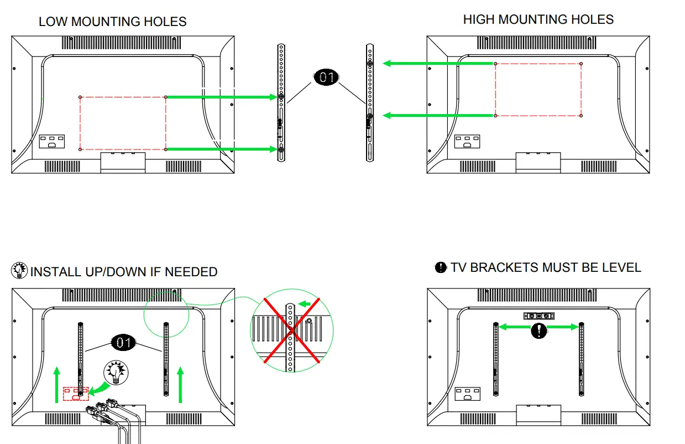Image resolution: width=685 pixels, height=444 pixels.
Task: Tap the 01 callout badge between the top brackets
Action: click(x=326, y=78)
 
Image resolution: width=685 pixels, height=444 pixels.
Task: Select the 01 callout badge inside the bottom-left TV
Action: click(x=124, y=343)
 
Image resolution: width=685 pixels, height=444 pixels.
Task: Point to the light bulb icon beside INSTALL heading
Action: click(x=20, y=270)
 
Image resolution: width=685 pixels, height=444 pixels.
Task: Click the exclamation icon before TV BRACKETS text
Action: click(x=441, y=268)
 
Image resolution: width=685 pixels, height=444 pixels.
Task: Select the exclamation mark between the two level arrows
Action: click(x=538, y=331)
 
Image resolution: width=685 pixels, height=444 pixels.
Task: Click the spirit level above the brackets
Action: click(x=538, y=316)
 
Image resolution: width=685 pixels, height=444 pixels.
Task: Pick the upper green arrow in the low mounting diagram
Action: click(x=221, y=97)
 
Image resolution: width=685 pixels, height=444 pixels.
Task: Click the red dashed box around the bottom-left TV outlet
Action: click(x=75, y=393)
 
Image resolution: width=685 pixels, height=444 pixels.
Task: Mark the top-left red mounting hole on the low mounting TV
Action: click(x=80, y=97)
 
